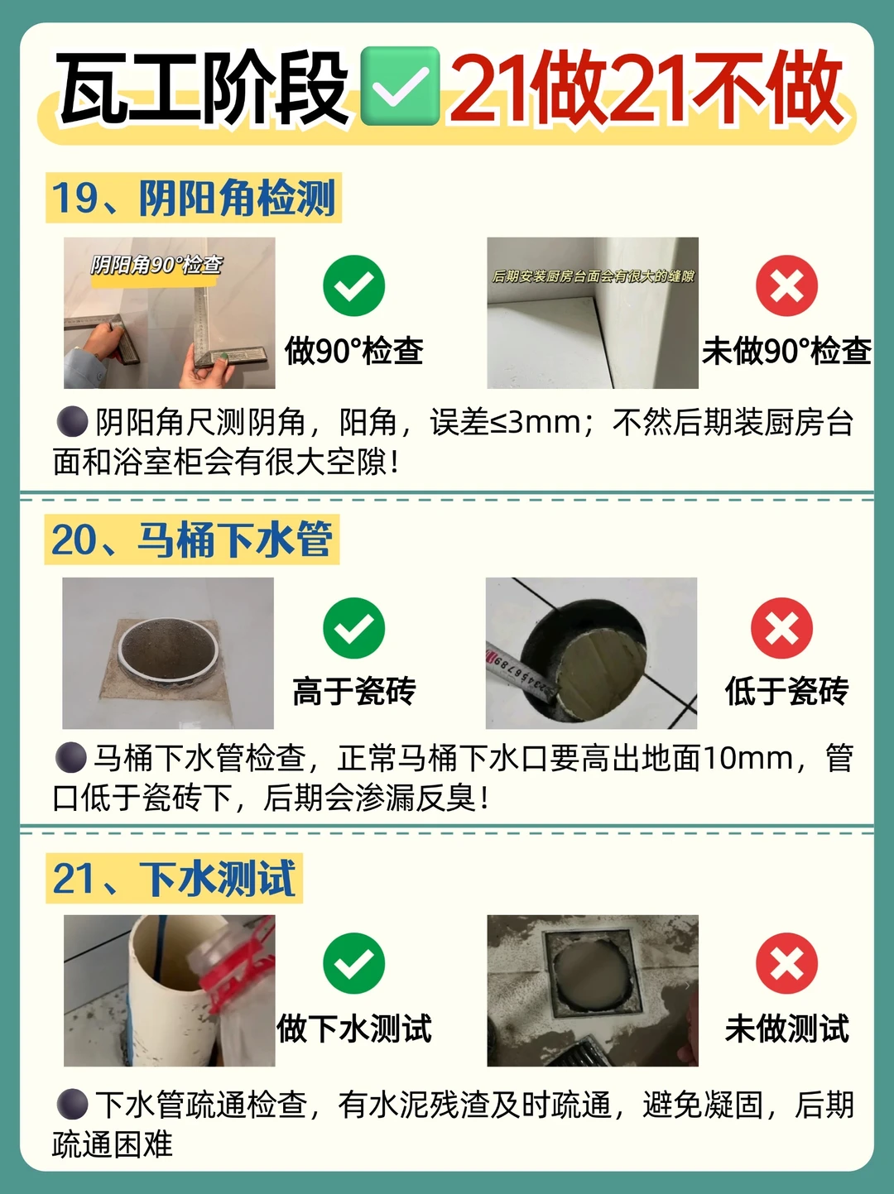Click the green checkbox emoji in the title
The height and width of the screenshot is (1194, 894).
click(x=400, y=86)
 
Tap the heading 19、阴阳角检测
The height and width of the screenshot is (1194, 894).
click(x=194, y=198)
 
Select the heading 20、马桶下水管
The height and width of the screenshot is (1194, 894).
click(x=191, y=539)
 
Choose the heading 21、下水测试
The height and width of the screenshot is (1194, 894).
click(x=174, y=879)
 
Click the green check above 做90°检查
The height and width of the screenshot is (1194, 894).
click(x=353, y=285)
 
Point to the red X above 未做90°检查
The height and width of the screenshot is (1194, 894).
click(x=786, y=285)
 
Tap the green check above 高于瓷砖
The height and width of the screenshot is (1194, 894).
click(x=353, y=628)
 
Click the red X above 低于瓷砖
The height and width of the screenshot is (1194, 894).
click(x=782, y=628)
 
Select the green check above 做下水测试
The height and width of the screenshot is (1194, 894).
click(x=353, y=963)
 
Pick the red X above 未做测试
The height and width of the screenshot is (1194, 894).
click(x=786, y=963)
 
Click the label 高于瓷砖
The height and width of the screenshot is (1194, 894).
click(x=354, y=692)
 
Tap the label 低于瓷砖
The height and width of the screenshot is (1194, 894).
click(x=787, y=692)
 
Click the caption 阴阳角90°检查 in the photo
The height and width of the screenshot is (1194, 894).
click(x=156, y=265)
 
